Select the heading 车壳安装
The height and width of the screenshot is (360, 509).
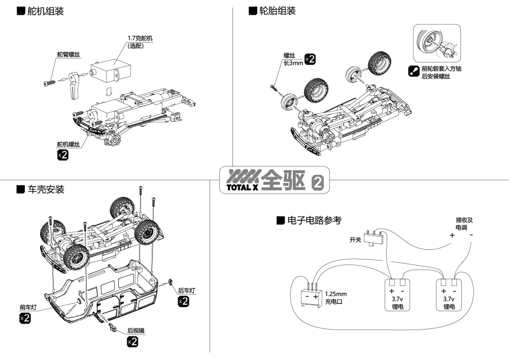[46, 190]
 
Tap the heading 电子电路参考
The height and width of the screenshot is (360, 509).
[314, 220]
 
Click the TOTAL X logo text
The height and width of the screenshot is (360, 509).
[238, 187]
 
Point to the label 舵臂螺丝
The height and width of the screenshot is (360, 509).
[68, 54]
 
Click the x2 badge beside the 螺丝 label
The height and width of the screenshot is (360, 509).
[310, 59]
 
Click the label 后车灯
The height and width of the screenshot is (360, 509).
[186, 291]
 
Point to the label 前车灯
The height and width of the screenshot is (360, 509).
[28, 307]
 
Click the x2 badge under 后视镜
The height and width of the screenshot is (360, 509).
[132, 342]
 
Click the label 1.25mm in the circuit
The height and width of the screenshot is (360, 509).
[335, 293]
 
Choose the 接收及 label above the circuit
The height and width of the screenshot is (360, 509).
[464, 220]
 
